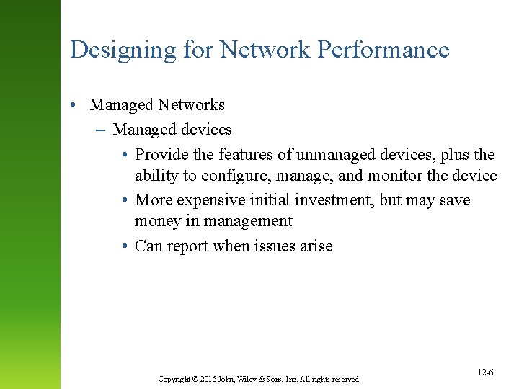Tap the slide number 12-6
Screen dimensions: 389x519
pos(485,372)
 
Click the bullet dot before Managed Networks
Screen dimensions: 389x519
pos(74,105)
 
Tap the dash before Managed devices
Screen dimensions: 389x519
pos(99,130)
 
